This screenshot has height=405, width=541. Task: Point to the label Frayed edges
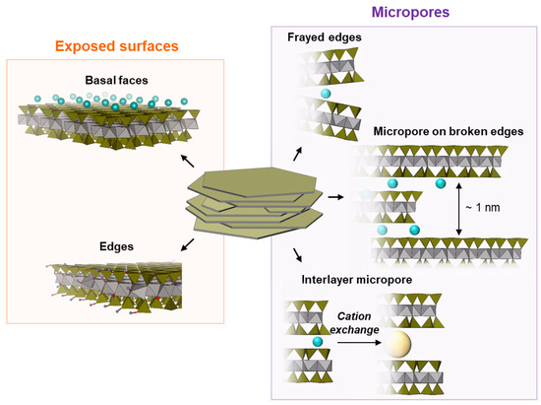pos(325,37)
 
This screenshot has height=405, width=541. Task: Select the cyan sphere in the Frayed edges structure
pos(322,98)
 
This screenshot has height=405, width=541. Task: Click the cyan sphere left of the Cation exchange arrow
pos(317,341)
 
